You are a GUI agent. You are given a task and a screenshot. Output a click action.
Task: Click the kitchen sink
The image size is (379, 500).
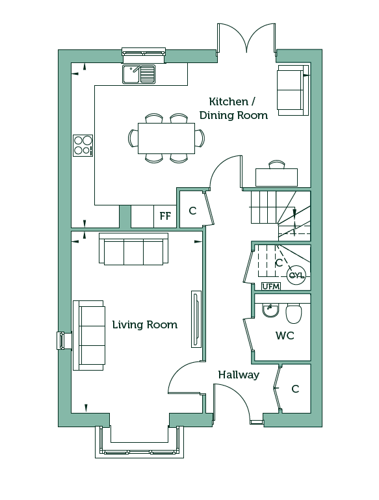pos(139,74)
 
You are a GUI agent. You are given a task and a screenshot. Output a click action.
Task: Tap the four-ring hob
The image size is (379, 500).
pos(83,146)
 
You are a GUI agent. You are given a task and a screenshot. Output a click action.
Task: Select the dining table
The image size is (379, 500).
pos(166,138)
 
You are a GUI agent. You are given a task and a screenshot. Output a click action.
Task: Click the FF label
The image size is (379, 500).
pos(165,216)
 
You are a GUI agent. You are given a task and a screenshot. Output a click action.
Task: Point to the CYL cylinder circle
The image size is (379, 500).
pos(296,275)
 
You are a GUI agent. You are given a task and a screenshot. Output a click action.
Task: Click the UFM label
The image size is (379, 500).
pos(271,286)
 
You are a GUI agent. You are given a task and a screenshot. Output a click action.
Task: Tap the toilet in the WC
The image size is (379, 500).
pos(293,313)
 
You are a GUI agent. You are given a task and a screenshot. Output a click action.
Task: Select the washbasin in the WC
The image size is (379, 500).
pos(271,310)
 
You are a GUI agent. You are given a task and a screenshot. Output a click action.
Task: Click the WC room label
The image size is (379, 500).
pos(285,336)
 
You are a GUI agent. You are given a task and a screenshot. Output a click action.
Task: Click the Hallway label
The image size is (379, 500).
pos(239,375)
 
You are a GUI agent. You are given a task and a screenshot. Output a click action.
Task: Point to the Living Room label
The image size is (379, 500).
pos(145,324)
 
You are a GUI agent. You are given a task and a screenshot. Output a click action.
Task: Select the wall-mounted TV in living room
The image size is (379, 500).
pos(196,319)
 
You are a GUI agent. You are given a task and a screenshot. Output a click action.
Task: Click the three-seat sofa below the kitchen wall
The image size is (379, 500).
pos(133,249)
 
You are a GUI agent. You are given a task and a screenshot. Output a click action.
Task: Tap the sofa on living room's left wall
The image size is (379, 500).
pos(89,335)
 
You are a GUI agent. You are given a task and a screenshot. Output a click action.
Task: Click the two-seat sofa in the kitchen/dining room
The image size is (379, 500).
pos(293,90)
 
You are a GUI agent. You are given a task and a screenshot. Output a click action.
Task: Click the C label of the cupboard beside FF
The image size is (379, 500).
pos(192,211)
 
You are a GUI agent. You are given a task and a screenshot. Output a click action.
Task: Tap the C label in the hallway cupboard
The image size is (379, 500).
pos(295,389)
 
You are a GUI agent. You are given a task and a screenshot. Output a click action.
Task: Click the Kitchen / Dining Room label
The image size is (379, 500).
pos(233,109)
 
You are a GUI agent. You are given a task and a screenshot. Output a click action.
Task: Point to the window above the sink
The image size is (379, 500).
pos(144,53)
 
